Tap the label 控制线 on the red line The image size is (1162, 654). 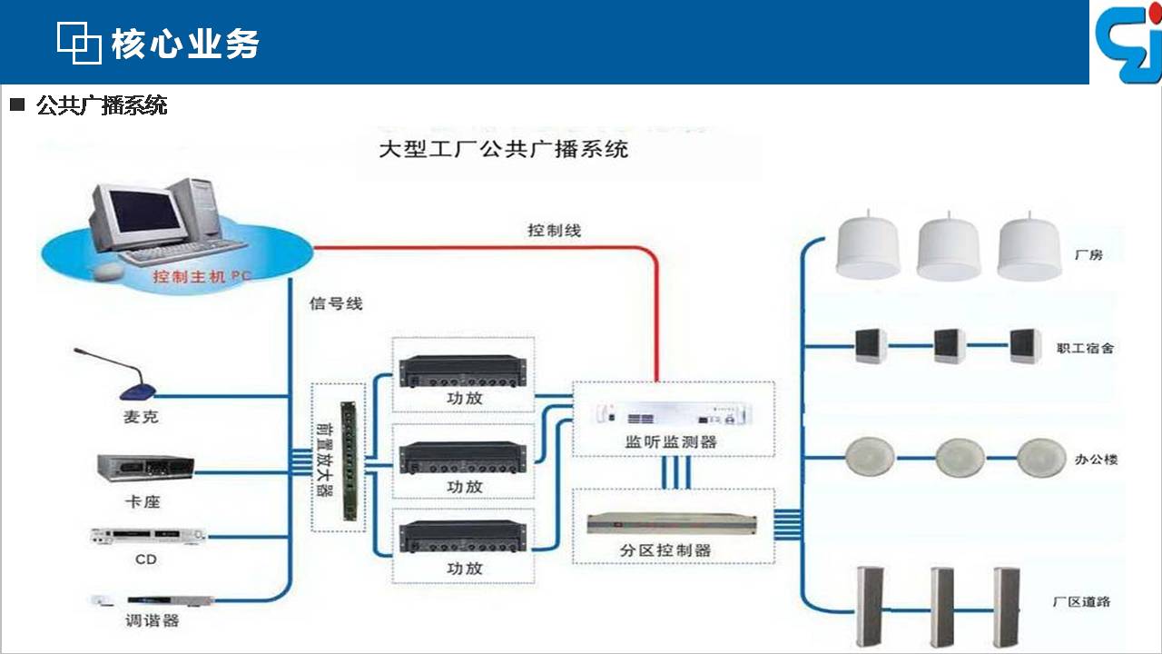[x=554, y=231]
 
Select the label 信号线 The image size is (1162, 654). [x=336, y=303]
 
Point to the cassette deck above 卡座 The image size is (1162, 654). [x=145, y=468]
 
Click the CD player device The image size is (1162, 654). [x=148, y=536]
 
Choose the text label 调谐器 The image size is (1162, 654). [x=152, y=620]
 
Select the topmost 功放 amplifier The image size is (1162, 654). [x=463, y=371]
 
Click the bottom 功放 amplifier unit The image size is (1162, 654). [x=463, y=538]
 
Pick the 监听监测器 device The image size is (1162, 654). [x=674, y=413]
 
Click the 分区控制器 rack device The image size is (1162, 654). [x=671, y=524]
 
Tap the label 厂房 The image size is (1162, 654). [x=1088, y=255]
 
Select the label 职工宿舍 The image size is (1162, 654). [x=1085, y=348]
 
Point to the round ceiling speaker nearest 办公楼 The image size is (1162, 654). [x=1040, y=458]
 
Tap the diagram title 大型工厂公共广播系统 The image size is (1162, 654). [x=504, y=150]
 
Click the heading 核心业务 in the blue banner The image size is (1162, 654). [x=184, y=44]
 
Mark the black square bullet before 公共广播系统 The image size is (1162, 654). [x=17, y=104]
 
